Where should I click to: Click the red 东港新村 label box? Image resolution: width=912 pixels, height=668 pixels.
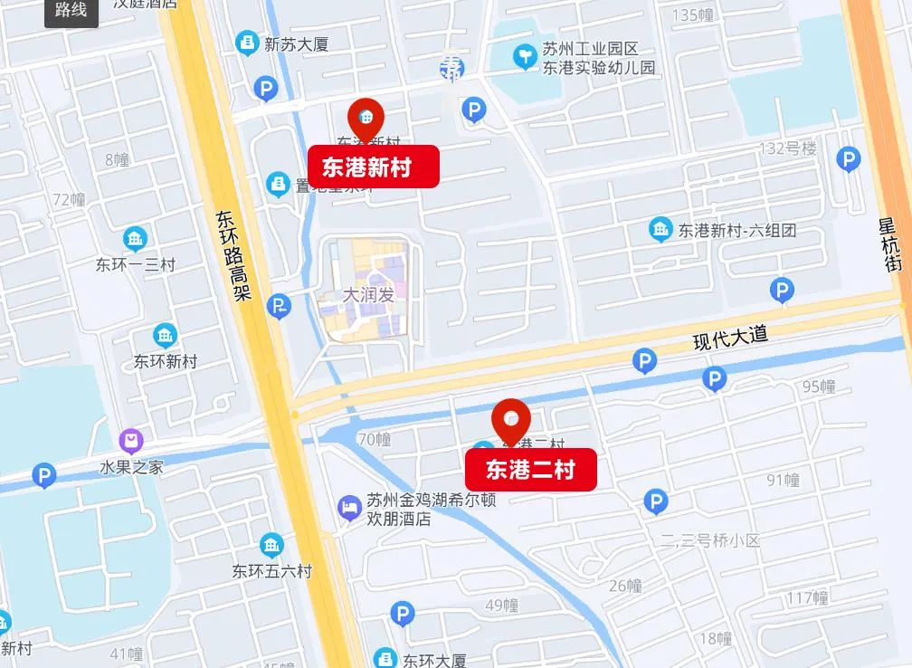[374, 167]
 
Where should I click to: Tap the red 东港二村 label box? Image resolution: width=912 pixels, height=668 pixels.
[530, 470]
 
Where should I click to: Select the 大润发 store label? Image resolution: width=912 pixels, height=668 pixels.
[368, 294]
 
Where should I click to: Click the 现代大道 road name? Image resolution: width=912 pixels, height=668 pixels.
[730, 339]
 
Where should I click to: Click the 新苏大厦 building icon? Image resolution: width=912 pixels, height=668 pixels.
[246, 43]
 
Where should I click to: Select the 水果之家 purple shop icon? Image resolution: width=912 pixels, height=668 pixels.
[131, 442]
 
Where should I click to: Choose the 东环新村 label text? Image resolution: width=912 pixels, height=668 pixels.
[166, 361]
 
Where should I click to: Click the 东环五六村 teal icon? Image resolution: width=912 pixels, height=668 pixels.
[271, 546]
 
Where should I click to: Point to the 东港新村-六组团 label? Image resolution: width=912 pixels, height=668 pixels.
[737, 230]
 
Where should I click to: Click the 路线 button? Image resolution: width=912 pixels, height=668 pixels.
[71, 11]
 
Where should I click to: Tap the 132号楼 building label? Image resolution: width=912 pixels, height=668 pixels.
[787, 148]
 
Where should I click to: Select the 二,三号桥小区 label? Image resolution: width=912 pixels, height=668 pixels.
[710, 540]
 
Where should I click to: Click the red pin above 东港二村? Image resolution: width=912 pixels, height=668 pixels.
[511, 420]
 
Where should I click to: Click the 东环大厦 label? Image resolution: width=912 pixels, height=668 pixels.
[434, 660]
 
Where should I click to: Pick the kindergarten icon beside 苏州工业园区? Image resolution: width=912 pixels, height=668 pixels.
[524, 57]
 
